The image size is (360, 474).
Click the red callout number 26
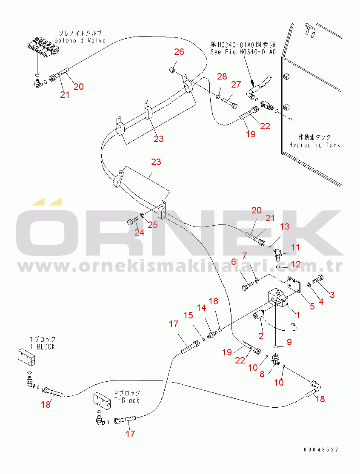[x=179, y=52]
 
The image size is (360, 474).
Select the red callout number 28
[x=222, y=77]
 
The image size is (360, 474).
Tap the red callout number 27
[x=236, y=85]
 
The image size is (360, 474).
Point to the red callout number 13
[x=285, y=227]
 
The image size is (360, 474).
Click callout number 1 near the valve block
[x=298, y=315]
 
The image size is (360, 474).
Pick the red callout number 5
[x=312, y=306]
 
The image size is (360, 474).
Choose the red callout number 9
[x=289, y=342]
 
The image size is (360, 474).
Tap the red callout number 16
[x=213, y=301]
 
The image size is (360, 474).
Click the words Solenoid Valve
[x=80, y=40]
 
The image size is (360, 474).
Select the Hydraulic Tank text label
[x=314, y=145]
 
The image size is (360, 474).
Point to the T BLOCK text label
[x=42, y=347]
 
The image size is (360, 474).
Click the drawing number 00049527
[x=321, y=450]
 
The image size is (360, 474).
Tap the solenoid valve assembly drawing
[x=43, y=48]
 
